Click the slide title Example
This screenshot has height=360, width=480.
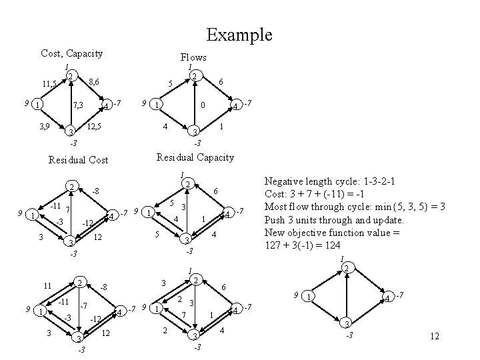[239, 34]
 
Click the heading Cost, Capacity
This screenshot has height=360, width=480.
[71, 53]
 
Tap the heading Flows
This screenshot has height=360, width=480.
[193, 57]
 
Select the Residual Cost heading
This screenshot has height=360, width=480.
[79, 160]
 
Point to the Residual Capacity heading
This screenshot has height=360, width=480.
[195, 157]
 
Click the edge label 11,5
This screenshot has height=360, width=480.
[49, 84]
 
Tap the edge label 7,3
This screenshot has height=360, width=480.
[77, 106]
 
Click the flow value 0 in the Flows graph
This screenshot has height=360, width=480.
[203, 105]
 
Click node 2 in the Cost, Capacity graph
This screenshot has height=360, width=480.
[71, 77]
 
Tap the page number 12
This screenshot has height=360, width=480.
[435, 337]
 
